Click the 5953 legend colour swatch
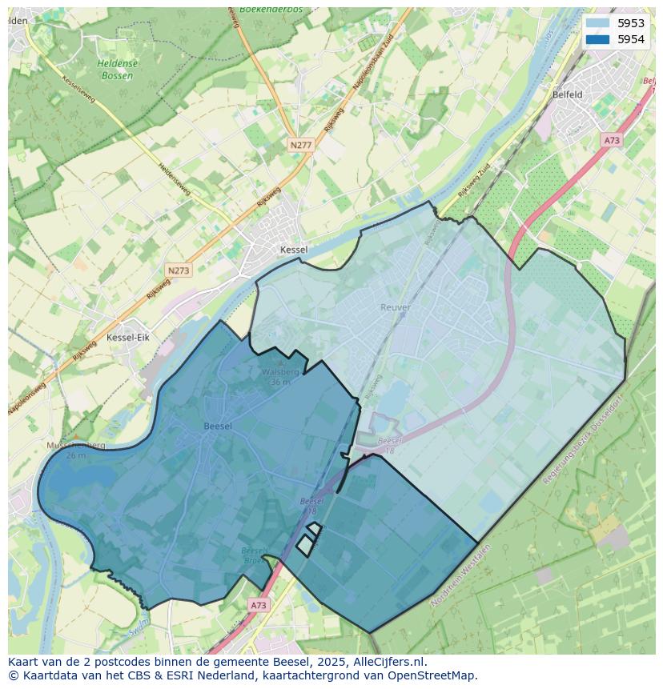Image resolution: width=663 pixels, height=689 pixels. [x=597, y=23]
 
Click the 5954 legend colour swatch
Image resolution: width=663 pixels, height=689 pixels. [x=597, y=39]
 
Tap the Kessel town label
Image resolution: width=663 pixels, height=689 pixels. [x=294, y=250]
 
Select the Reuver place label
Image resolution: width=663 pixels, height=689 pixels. [x=396, y=307]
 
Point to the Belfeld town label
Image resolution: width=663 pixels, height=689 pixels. [x=567, y=94]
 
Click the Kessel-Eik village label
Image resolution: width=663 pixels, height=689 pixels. [x=128, y=338]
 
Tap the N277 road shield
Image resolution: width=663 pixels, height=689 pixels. [x=300, y=145]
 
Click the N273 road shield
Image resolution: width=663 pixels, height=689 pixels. [x=179, y=270]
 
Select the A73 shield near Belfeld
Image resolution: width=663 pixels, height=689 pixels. [x=612, y=140]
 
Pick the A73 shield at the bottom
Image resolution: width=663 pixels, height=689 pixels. [x=258, y=605]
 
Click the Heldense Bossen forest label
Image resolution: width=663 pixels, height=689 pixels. [x=117, y=70]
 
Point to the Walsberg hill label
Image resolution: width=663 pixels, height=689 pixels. [x=280, y=372]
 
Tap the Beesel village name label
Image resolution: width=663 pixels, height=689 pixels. [x=218, y=427]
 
